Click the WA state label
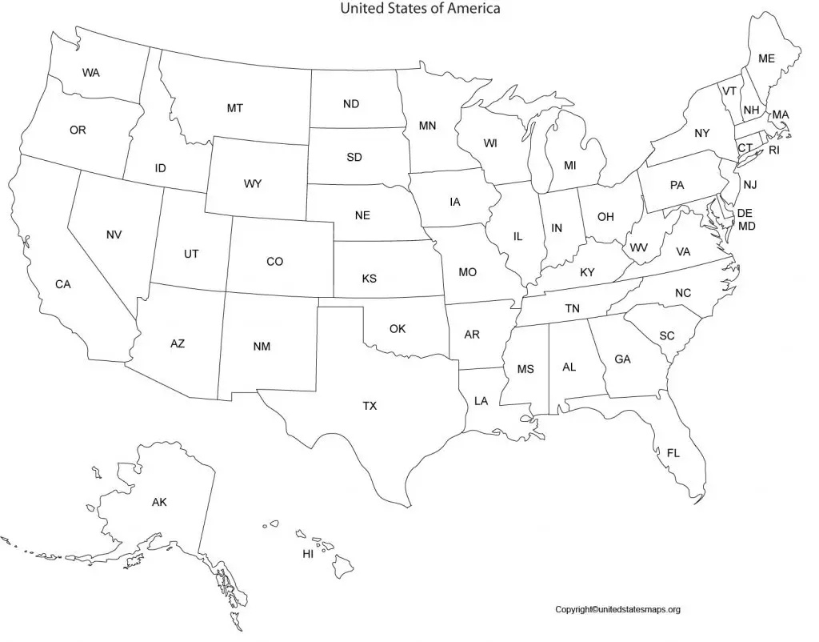91,73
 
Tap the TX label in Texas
370,406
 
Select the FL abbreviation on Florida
673,453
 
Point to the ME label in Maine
766,58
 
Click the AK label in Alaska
159,503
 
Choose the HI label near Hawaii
307,553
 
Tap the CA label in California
63,284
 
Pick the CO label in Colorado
274,261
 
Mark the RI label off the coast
773,150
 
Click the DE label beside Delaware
745,213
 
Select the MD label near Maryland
747,226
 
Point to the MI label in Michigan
569,166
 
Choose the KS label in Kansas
369,279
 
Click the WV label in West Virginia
638,247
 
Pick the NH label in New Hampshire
751,110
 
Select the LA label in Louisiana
481,401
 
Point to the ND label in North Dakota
351,104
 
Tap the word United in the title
361,9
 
